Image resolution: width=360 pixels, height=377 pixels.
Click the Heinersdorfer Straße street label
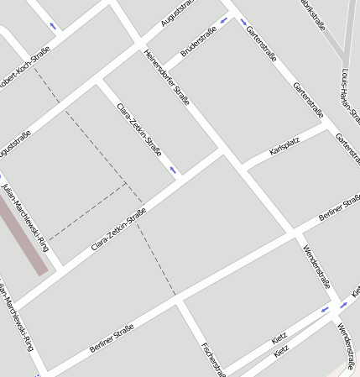click(167, 79)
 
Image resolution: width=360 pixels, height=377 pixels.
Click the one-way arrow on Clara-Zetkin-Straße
click(174, 170)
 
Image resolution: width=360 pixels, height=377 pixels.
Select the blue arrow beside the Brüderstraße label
click(223, 20)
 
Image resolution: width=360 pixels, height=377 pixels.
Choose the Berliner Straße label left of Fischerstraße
click(112, 338)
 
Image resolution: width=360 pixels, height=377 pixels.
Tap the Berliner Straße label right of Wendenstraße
click(339, 207)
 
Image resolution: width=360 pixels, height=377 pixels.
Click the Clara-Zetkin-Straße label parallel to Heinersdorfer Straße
click(140, 129)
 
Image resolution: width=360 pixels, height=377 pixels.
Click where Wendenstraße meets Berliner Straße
click(294, 233)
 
